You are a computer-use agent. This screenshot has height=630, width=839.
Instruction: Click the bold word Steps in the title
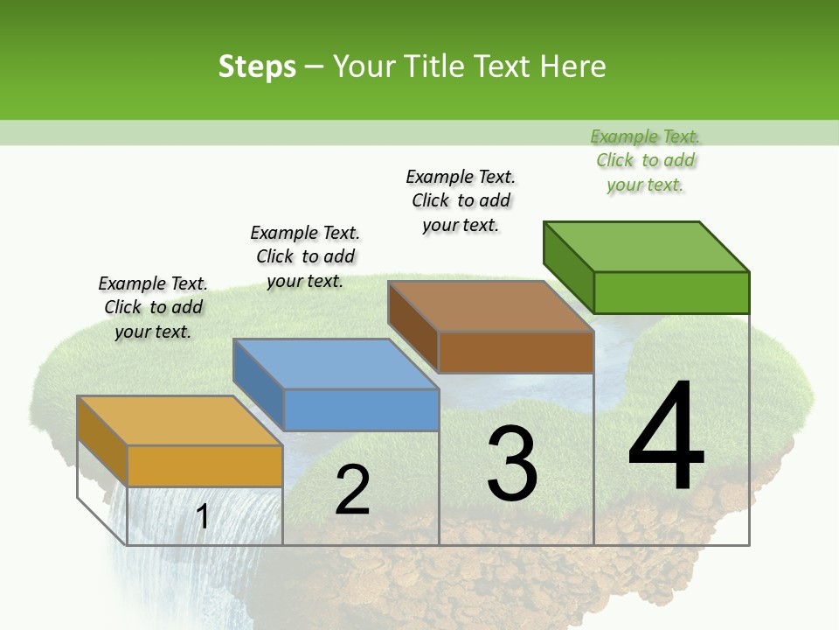257,66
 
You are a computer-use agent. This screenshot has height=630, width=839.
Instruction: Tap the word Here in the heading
572,66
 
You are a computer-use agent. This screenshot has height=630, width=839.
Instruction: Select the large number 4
666,437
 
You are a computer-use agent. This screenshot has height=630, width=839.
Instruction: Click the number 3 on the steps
512,463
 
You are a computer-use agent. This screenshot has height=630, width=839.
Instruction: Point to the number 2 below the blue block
352,490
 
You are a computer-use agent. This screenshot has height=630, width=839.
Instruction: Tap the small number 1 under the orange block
203,517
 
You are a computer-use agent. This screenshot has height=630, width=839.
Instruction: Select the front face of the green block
671,292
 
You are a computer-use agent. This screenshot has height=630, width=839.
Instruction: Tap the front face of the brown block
516,352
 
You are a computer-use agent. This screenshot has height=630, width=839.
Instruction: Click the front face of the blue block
361,409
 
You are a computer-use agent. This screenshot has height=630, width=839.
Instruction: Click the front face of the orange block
205,465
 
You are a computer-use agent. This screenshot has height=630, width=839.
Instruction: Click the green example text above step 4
645,160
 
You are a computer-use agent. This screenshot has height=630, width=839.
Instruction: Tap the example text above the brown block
461,200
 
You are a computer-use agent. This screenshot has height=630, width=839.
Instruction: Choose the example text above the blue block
305,256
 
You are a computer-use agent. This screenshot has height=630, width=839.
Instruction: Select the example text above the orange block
153,307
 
